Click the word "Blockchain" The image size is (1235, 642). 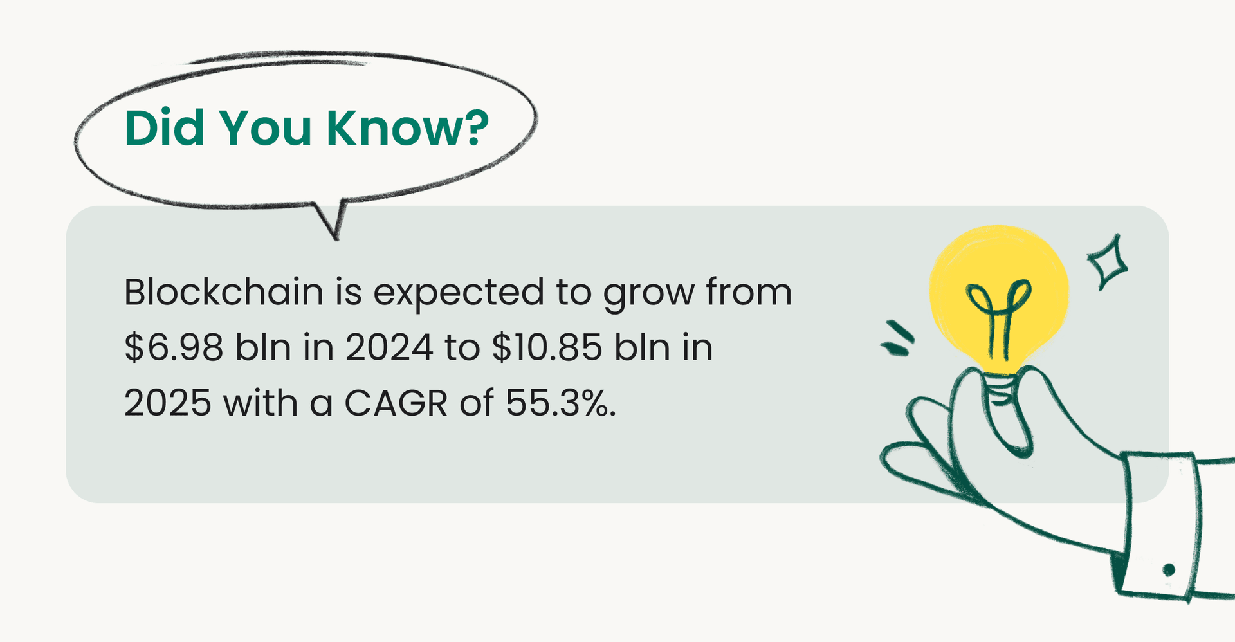click(223, 292)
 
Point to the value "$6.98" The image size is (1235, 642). click(174, 348)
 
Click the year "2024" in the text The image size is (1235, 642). click(389, 348)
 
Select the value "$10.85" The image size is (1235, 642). click(547, 348)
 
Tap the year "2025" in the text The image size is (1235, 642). click(167, 403)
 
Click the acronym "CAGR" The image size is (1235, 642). click(396, 403)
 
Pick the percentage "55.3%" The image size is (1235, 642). click(560, 403)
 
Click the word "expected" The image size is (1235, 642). click(459, 293)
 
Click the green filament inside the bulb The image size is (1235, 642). click(999, 315)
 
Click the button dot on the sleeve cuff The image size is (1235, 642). click(1169, 570)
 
